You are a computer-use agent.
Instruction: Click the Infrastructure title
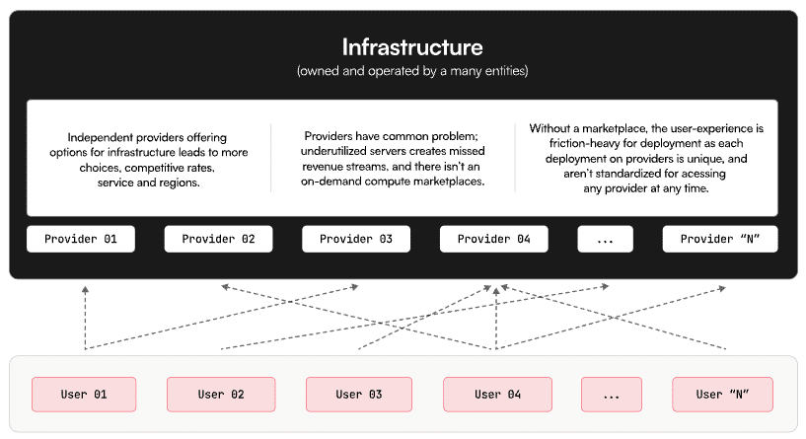coord(412,47)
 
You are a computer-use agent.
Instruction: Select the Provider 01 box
coord(81,239)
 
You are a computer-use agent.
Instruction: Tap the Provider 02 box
coord(218,239)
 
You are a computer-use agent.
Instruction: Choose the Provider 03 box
coord(356,239)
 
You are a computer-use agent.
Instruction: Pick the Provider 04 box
coord(494,239)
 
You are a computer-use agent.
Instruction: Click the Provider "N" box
coord(720,239)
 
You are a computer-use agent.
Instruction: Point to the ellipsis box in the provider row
coord(606,239)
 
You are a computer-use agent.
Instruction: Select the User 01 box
coord(84,395)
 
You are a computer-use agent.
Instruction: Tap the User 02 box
coord(221,395)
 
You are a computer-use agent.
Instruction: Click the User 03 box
coord(359,395)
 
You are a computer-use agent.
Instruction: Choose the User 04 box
coord(497,395)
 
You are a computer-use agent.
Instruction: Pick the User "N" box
coord(723,395)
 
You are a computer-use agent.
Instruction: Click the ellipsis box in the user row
coord(612,395)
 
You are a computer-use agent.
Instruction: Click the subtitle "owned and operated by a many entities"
coord(412,71)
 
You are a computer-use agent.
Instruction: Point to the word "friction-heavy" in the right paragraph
coord(584,143)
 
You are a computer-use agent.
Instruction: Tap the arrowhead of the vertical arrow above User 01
coord(85,289)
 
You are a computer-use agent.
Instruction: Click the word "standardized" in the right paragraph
coord(633,174)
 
